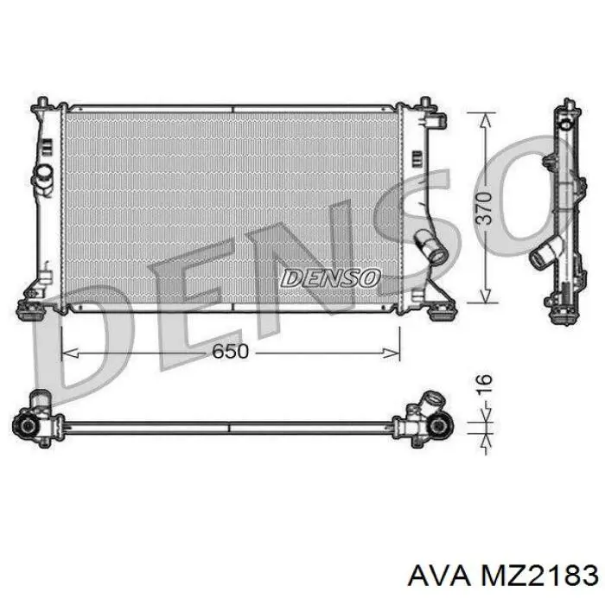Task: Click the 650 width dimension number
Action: click(x=231, y=351)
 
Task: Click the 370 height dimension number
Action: click(x=484, y=208)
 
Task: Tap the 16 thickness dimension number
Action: click(x=484, y=384)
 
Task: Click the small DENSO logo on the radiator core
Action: click(x=330, y=278)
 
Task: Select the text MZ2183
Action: click(x=538, y=576)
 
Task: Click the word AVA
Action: click(x=439, y=576)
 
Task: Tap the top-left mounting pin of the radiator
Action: click(x=42, y=103)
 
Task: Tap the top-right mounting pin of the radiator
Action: click(x=425, y=103)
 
